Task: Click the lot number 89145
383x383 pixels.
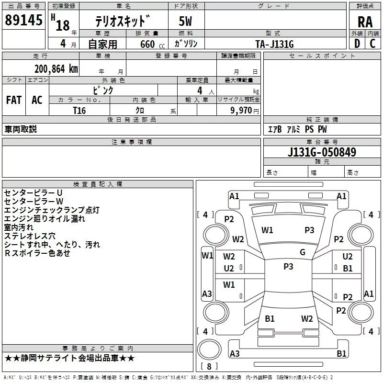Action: (x=23, y=20)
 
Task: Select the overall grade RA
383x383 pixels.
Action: (x=365, y=22)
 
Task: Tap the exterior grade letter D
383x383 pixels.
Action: (x=357, y=44)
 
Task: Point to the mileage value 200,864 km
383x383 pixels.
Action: (x=56, y=69)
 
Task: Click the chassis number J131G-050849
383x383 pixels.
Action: (x=322, y=152)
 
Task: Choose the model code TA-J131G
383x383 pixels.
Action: (x=274, y=44)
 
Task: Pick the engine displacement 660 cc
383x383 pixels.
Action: (x=152, y=44)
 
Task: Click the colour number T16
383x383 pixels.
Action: (x=79, y=111)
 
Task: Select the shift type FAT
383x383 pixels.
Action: (x=14, y=100)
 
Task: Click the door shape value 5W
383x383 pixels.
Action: (x=185, y=21)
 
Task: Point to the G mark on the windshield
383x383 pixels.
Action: (x=303, y=252)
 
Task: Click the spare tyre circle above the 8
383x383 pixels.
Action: (x=209, y=349)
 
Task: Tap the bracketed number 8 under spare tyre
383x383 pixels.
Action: (x=209, y=366)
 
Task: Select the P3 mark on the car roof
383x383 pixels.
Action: (x=288, y=267)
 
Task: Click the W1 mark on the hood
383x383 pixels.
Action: (x=267, y=230)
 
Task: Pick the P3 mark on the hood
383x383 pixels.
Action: (x=309, y=230)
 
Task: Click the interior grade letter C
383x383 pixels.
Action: (x=372, y=44)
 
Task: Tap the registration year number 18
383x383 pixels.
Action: (x=63, y=25)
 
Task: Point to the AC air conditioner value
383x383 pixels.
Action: (x=37, y=100)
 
